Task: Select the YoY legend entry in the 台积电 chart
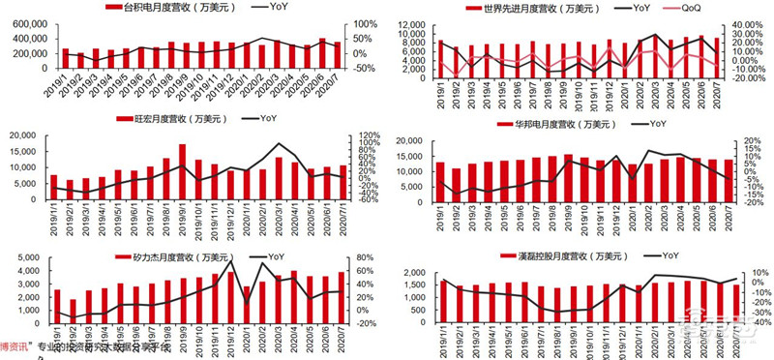pyautogui.click(x=277, y=8)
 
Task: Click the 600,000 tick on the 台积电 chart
pyautogui.click(x=27, y=24)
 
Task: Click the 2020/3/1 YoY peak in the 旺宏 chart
pyautogui.click(x=280, y=145)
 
